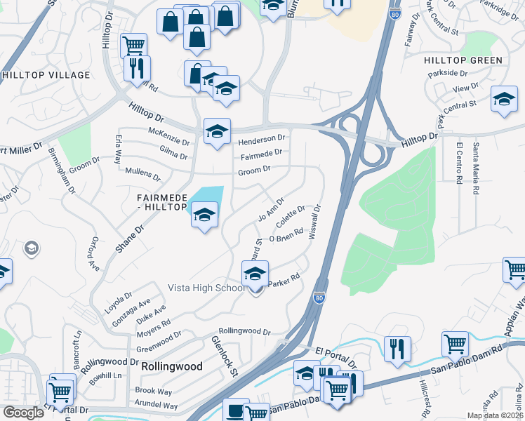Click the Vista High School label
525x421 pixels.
(206, 288)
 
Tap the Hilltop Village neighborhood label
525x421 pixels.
(46, 75)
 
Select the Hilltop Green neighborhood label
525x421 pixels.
(463, 60)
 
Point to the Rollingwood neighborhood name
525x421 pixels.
(172, 366)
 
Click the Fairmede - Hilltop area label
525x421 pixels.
(161, 203)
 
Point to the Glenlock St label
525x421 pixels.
(225, 356)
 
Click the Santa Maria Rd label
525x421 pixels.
(477, 168)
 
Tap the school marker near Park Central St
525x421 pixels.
(504, 100)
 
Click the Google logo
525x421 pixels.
(24, 413)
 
